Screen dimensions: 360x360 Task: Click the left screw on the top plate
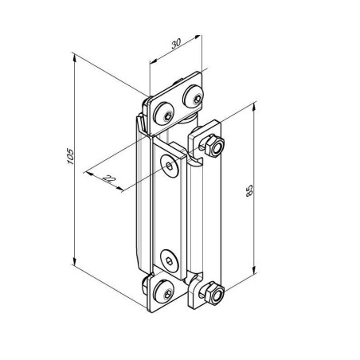pyautogui.click(x=164, y=114)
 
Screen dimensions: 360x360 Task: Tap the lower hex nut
pyautogui.click(x=213, y=293)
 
